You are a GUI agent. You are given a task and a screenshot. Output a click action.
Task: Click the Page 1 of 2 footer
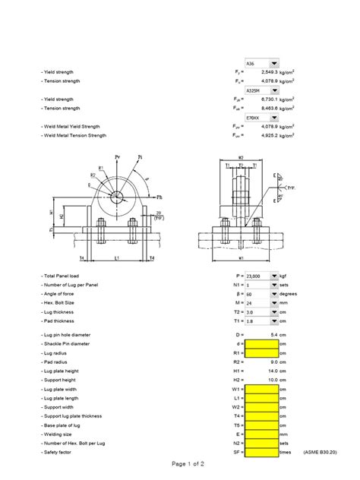pyautogui.click(x=179, y=463)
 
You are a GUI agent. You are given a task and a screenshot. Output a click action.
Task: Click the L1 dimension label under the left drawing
pyautogui.click(x=115, y=258)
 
